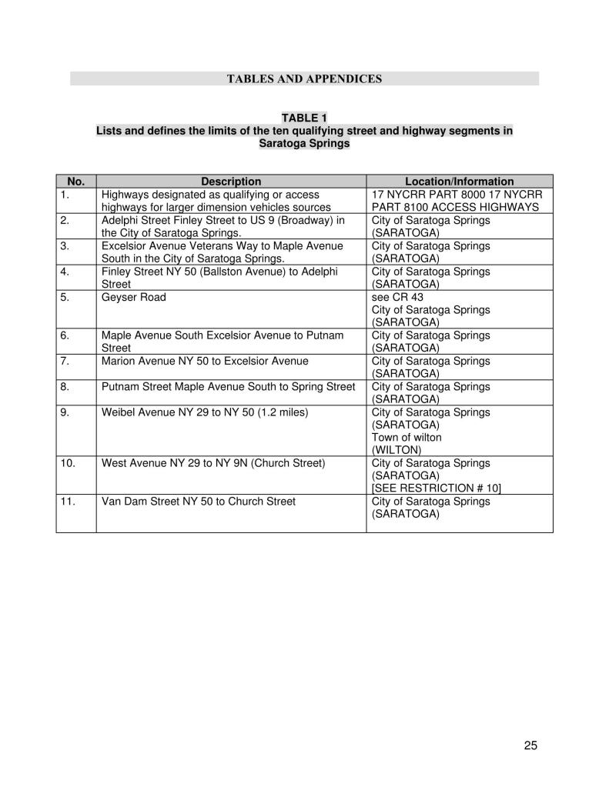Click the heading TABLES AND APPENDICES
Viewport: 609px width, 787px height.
[x=304, y=78]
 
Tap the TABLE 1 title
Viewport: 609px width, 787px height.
[x=304, y=118]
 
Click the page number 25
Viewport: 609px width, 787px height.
[x=530, y=745]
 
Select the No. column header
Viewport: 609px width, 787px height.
[x=75, y=182]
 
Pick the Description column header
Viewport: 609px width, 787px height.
[x=231, y=182]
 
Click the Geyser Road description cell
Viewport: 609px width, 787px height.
[x=134, y=297]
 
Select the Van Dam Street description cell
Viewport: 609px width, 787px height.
[x=199, y=502]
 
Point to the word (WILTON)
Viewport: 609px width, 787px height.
[x=396, y=450]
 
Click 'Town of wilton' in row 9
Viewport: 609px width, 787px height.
[x=407, y=438]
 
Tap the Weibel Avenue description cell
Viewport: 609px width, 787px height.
[x=205, y=412]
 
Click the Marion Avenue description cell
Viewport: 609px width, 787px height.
[x=205, y=361]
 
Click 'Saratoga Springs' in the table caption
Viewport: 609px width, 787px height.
[x=304, y=144]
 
